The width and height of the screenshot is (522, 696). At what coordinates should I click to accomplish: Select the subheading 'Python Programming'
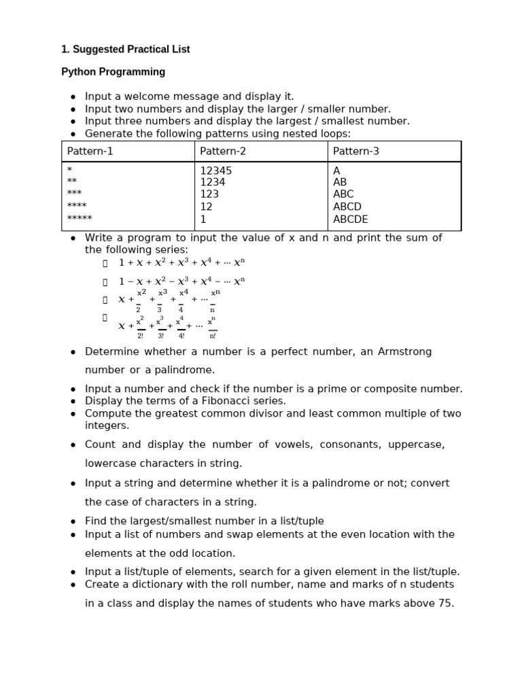point(114,72)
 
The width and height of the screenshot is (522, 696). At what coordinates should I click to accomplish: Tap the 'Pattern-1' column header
point(90,152)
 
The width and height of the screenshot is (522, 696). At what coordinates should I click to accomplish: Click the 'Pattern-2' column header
point(223,152)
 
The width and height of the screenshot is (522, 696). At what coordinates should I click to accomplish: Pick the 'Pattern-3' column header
point(356,152)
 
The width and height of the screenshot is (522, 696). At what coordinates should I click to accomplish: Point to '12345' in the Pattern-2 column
point(215,171)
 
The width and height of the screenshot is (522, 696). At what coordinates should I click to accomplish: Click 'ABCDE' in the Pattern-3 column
point(350,220)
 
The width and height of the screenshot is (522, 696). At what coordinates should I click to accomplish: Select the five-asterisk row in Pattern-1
point(80,219)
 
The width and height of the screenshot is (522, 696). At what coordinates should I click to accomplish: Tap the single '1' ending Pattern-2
point(203,220)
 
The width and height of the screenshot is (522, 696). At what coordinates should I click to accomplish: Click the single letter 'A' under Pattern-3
point(336,171)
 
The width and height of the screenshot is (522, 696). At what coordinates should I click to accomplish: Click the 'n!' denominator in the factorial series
point(212,336)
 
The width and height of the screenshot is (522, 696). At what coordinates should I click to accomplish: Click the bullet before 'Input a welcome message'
point(73,97)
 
